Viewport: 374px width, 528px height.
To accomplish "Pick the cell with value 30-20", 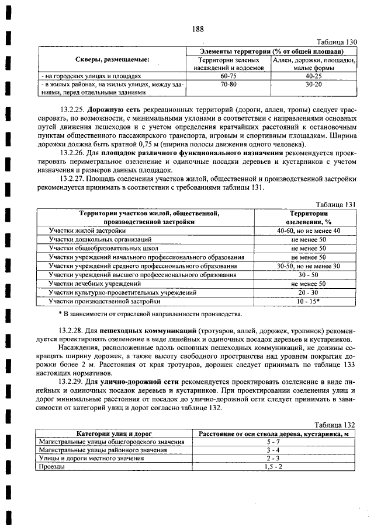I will pos(314,84).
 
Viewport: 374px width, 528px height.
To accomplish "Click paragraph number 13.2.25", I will pos(72,109).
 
